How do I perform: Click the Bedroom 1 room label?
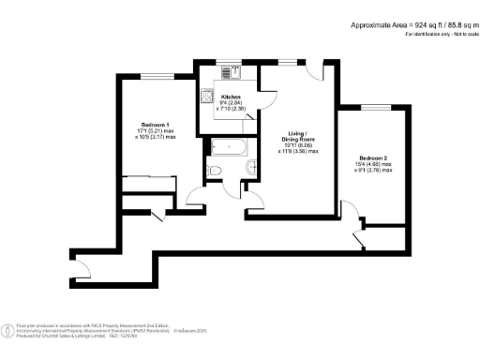(155, 125)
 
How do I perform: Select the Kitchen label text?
(232, 97)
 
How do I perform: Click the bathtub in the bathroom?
(228, 145)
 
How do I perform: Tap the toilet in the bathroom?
(215, 169)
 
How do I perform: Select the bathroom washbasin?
(251, 166)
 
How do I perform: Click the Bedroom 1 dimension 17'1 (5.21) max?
(154, 131)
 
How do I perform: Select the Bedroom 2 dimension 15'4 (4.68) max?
(372, 164)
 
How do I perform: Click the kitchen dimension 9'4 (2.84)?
(232, 103)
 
